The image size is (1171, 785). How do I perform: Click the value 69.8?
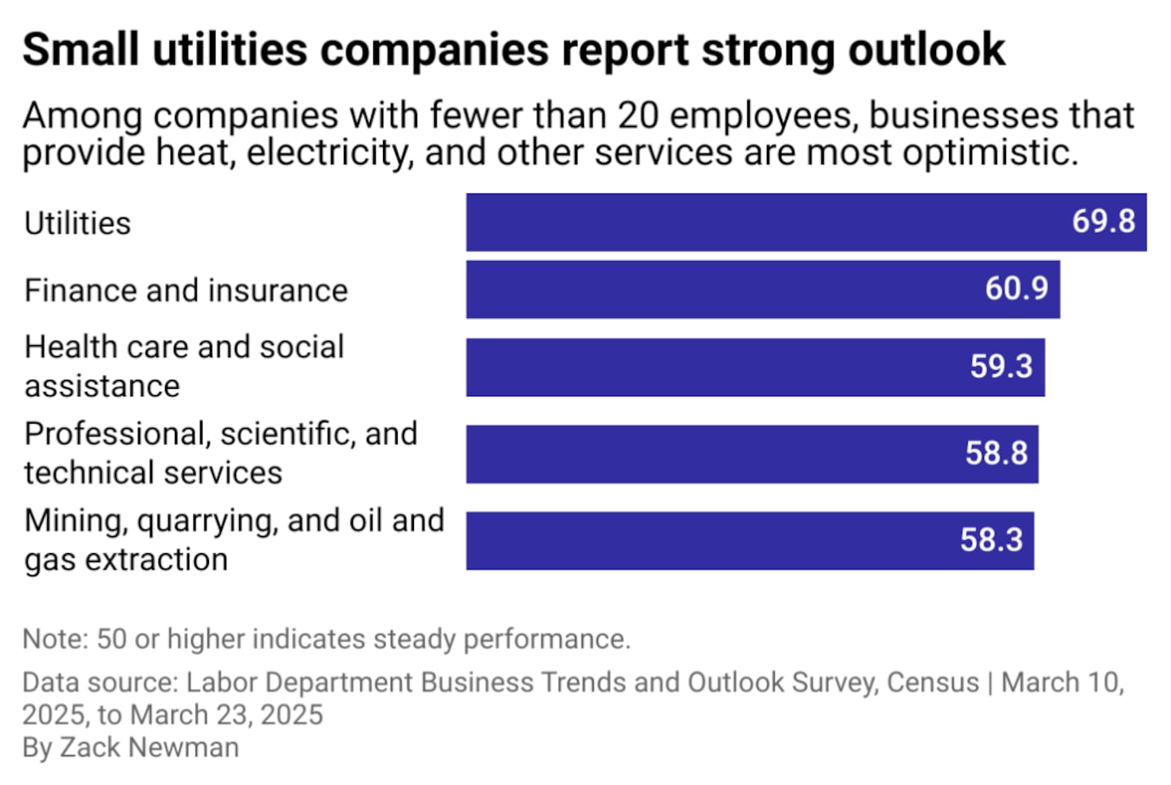1103,221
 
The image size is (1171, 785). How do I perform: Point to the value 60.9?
1016,289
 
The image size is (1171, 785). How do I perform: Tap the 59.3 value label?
1001,367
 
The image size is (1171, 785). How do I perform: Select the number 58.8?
996,453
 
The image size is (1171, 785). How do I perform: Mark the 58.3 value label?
991,540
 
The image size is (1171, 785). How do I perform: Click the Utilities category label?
77,224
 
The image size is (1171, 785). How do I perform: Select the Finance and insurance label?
185,290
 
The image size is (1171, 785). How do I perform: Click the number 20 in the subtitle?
638,116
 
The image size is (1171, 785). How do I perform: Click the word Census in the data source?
932,683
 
